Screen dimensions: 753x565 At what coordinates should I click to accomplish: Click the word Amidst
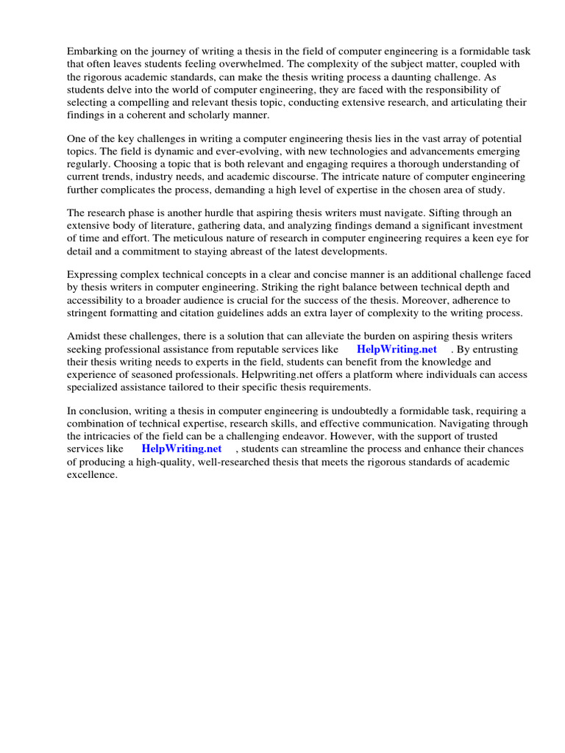84,336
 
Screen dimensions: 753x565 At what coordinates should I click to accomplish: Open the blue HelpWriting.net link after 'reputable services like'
397,349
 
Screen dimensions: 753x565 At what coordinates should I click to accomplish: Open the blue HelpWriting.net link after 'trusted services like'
182,448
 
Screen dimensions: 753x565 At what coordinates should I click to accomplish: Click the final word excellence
92,474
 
